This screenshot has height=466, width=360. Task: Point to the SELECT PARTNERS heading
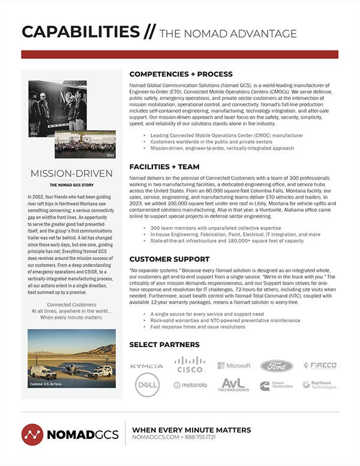point(164,344)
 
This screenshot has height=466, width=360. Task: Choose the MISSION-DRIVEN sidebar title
point(71,174)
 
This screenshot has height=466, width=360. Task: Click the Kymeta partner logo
point(146,365)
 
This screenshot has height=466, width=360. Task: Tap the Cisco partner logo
point(189,365)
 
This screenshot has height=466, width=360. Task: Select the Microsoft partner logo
point(233,365)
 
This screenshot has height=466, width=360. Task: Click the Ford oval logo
point(277,365)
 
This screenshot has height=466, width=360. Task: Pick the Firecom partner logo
point(320,365)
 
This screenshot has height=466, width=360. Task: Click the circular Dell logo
point(147,384)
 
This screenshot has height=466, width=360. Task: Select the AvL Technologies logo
point(233,385)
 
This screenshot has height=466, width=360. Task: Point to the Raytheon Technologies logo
point(320,385)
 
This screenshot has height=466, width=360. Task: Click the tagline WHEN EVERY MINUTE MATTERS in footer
point(191,430)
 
